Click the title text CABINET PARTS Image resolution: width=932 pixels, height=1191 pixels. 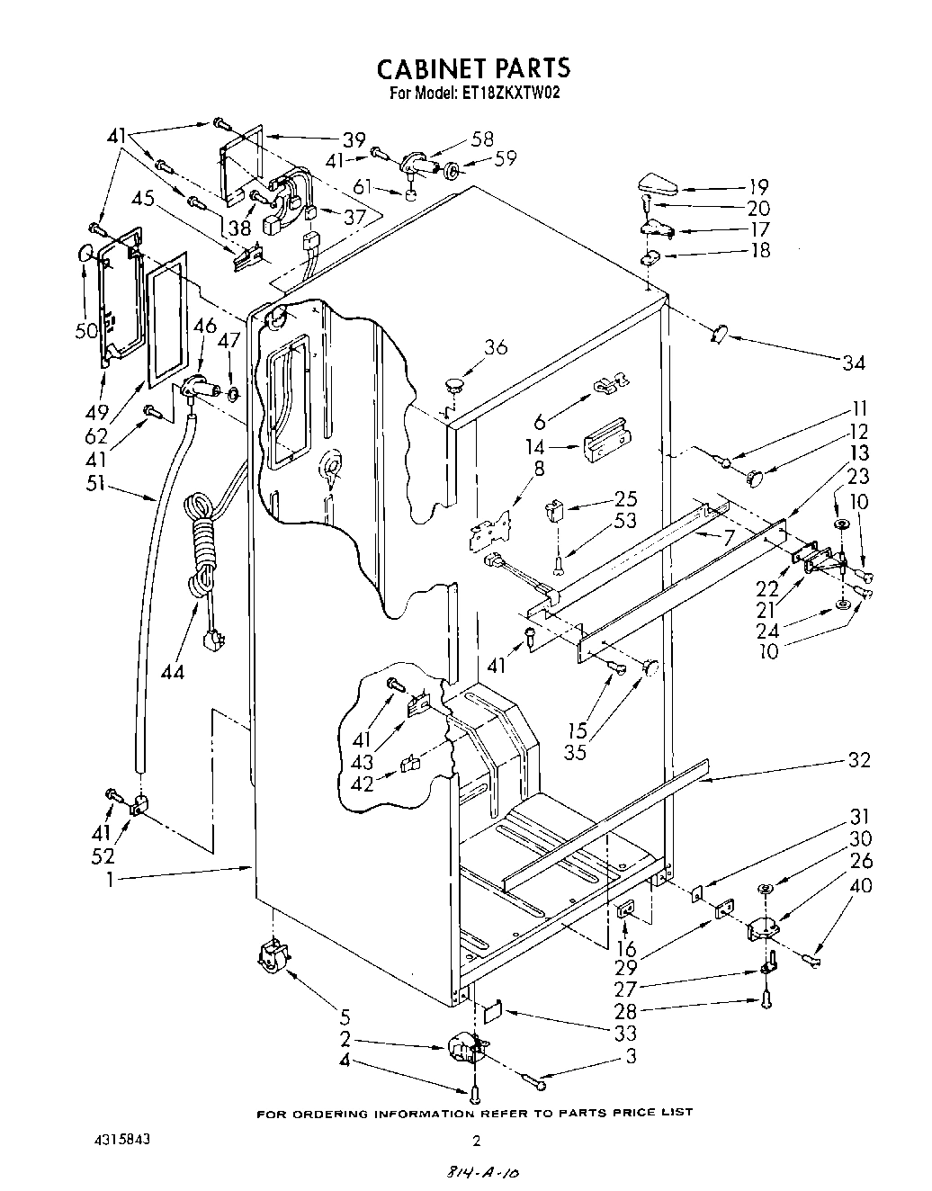pyautogui.click(x=472, y=68)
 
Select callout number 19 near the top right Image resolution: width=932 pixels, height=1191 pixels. pyautogui.click(x=758, y=187)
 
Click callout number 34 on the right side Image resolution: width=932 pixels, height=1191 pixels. pyautogui.click(x=853, y=363)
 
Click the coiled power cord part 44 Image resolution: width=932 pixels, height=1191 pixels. pyautogui.click(x=202, y=558)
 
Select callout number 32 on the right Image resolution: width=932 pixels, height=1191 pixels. pyautogui.click(x=858, y=760)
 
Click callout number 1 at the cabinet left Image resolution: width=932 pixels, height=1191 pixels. pyautogui.click(x=109, y=880)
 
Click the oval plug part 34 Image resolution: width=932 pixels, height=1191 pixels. pyautogui.click(x=719, y=335)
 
